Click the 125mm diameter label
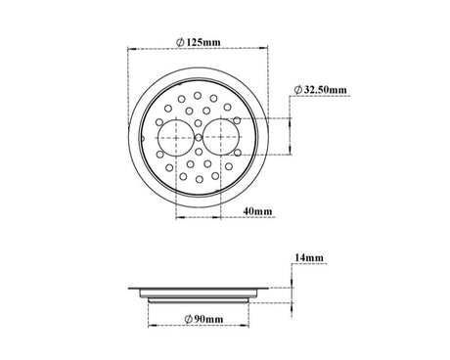[198, 42]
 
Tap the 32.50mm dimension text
[320, 89]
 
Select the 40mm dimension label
[257, 211]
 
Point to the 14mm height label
[309, 257]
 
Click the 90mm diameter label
[203, 319]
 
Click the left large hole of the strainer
[173, 138]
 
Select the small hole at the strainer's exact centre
[198, 138]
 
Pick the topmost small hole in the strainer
[198, 96]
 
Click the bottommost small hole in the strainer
[200, 179]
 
